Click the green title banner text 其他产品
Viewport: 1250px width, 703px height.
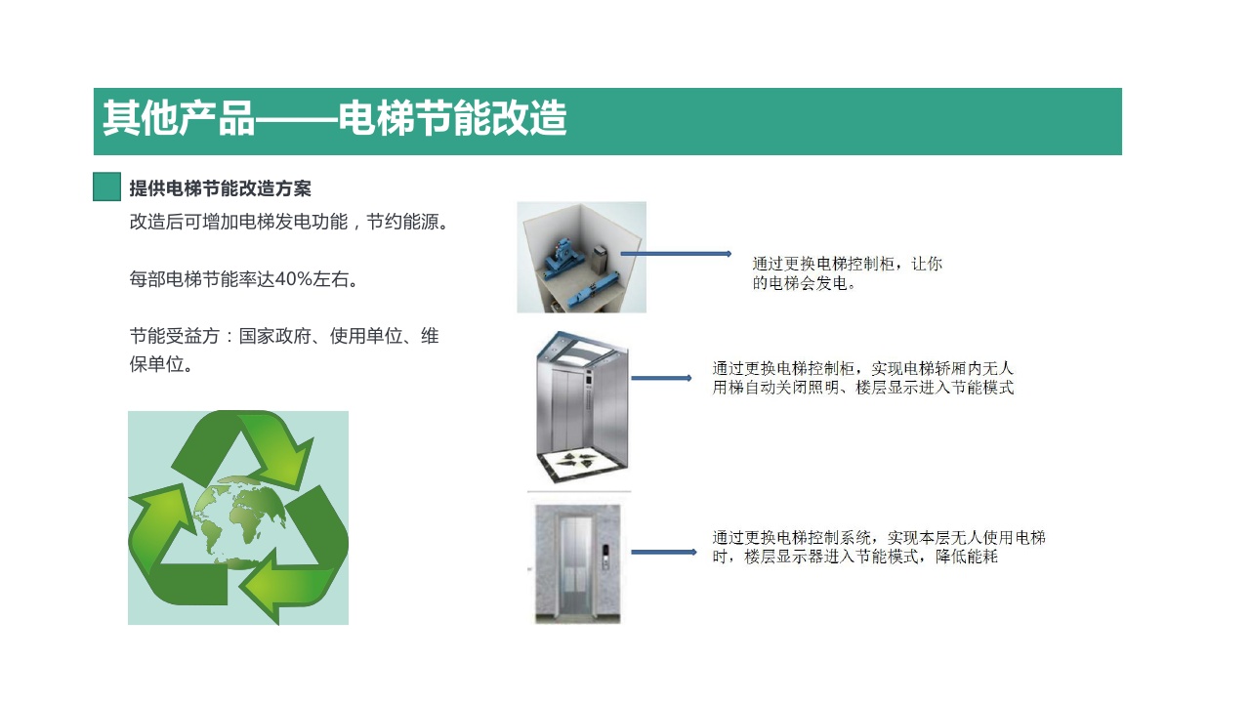coord(179,118)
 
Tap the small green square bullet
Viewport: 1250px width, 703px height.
coord(106,186)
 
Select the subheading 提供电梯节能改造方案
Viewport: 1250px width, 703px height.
coord(220,188)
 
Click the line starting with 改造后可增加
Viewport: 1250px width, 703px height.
coord(288,222)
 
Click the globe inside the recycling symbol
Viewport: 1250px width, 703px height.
coord(238,521)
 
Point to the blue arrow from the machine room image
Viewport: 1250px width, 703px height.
coord(676,254)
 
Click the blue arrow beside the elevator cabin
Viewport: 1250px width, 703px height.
coord(661,378)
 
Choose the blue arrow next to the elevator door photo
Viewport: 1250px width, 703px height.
coord(664,553)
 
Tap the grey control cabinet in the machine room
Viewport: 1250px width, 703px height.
coord(600,260)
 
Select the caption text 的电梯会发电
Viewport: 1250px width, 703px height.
coord(804,283)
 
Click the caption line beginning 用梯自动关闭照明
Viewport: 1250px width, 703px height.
coord(862,388)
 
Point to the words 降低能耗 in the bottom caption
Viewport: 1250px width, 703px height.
coord(967,557)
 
